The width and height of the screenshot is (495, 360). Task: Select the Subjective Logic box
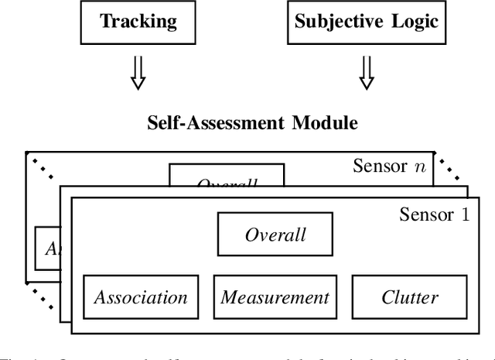click(x=367, y=21)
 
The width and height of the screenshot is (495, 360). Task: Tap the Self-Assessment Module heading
click(x=252, y=123)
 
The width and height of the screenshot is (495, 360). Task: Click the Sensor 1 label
click(x=433, y=214)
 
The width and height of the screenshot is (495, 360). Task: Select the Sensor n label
click(x=391, y=166)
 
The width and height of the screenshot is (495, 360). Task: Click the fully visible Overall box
click(x=275, y=235)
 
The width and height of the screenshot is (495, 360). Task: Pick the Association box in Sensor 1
click(x=140, y=297)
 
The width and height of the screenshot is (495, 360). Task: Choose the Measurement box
click(x=275, y=297)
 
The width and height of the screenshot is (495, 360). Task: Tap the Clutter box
click(x=410, y=297)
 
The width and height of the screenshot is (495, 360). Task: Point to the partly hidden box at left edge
click(x=47, y=249)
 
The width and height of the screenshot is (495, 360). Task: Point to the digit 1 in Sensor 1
click(x=464, y=214)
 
